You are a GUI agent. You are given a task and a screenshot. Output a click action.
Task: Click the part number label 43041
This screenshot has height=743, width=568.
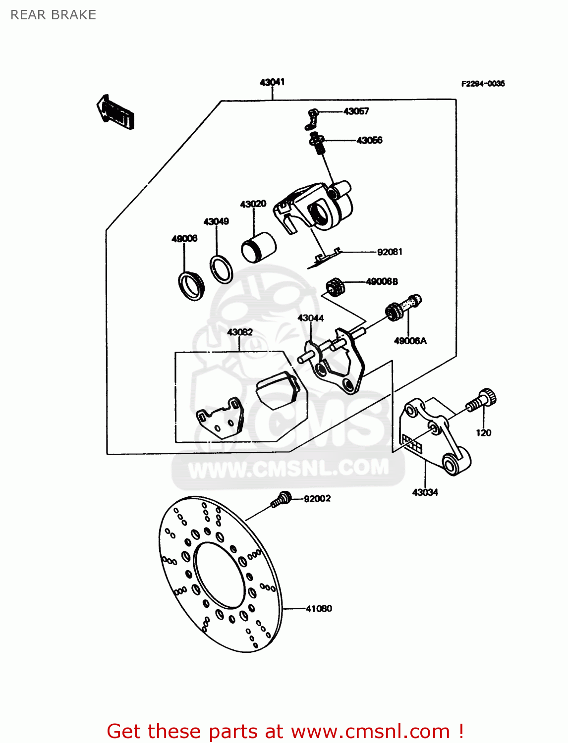coord(272,82)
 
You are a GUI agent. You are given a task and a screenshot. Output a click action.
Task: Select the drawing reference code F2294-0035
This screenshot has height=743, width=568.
coord(483,84)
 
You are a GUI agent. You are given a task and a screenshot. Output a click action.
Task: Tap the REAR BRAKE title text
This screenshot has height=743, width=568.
coord(53,15)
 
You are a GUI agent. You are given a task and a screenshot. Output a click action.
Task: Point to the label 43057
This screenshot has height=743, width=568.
coord(356,111)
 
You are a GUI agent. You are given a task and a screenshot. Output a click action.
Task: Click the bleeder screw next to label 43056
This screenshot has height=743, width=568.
coord(317,143)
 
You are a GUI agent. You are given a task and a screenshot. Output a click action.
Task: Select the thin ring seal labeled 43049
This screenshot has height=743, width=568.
coord(221,269)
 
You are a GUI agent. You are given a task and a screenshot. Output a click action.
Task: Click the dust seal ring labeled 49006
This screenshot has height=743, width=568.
coord(191,286)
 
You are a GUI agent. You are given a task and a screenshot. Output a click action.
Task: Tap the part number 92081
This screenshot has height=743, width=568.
coord(390,252)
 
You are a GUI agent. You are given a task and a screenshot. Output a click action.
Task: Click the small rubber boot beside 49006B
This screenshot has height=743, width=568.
coord(335,286)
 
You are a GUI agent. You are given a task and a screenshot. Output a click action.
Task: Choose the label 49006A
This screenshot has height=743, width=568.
coord(410,341)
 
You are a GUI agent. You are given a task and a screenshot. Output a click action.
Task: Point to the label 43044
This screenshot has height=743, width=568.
coord(311,318)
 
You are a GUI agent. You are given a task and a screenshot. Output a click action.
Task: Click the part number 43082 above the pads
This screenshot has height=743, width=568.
coord(240,332)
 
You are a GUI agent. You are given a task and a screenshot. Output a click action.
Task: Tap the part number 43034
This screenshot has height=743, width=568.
coord(425,492)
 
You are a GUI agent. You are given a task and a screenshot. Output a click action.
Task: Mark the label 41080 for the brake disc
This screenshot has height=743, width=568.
coord(319,609)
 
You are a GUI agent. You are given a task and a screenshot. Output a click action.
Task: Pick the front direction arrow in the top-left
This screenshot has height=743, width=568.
coord(115,112)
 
